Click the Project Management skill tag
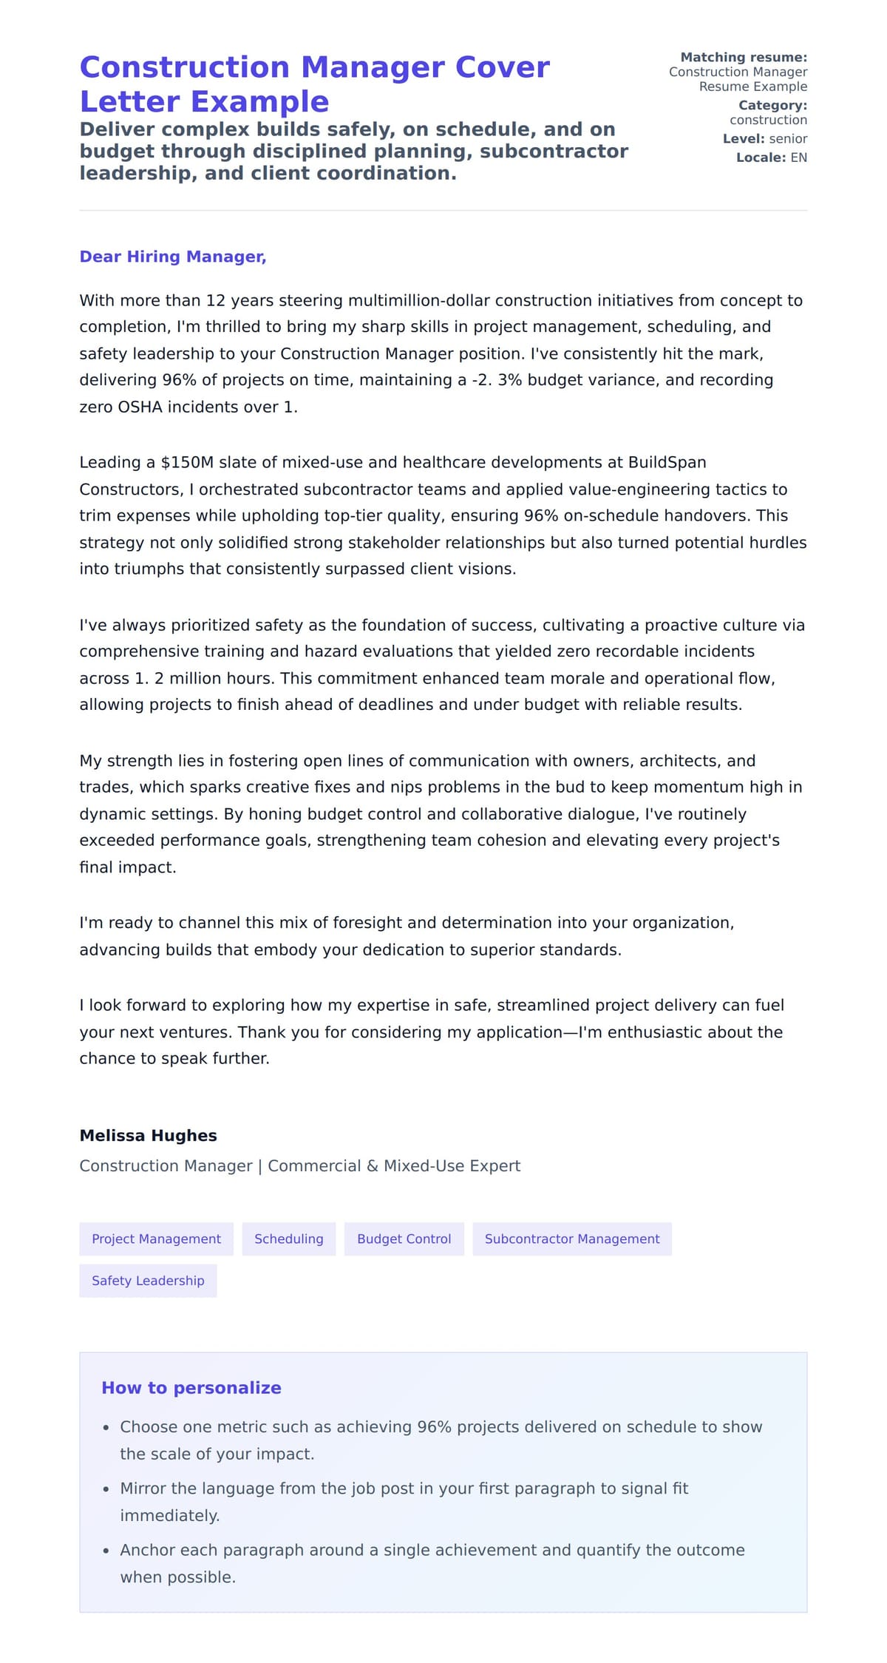156,1239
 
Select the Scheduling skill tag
288,1239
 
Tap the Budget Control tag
404,1239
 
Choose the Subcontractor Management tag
571,1239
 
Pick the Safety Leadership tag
148,1280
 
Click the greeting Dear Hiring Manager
172,257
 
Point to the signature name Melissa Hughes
148,1135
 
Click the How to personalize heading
191,1387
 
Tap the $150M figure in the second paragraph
186,463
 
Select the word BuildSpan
667,463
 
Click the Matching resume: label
743,57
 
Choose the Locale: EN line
771,158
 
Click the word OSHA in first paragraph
140,407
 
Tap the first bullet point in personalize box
441,1427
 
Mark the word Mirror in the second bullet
141,1488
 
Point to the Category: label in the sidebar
772,105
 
